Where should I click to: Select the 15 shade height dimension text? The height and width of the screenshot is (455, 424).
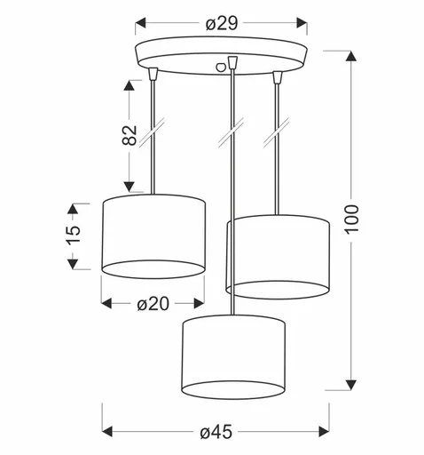(x=74, y=235)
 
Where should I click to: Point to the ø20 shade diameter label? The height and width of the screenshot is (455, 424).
(x=153, y=304)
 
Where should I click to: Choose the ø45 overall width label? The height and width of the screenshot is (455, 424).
(x=216, y=432)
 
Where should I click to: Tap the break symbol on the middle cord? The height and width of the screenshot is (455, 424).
(x=232, y=133)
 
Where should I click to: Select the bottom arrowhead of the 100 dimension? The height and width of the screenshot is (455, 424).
(x=347, y=383)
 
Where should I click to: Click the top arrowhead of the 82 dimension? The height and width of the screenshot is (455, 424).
(x=131, y=86)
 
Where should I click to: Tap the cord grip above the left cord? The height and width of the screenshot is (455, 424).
(x=154, y=71)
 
